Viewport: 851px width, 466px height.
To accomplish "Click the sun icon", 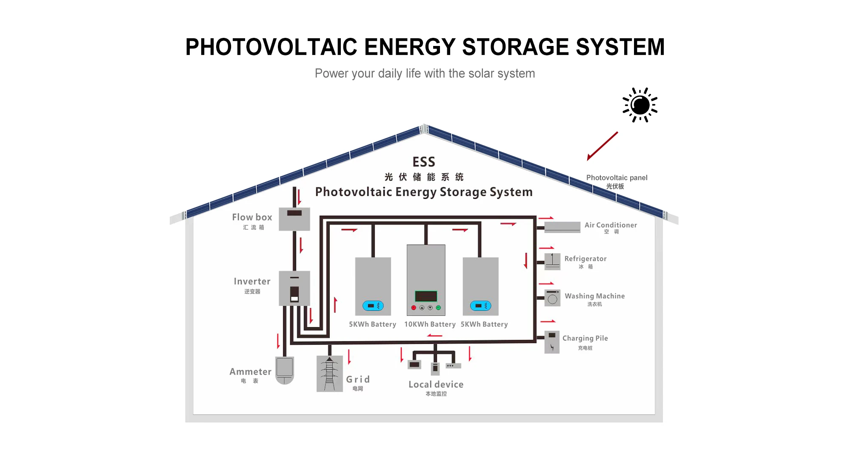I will [640, 105].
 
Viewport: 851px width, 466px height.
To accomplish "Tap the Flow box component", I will [294, 219].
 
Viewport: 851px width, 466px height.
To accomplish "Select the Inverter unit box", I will [294, 288].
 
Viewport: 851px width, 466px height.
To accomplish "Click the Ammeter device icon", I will [285, 370].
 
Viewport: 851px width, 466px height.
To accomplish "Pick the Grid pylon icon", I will [329, 374].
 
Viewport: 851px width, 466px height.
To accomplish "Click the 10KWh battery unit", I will [426, 280].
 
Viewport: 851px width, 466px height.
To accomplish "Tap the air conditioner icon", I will [562, 227].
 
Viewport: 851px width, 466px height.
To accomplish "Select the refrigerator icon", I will [552, 261].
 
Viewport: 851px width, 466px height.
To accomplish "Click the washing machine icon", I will [552, 298].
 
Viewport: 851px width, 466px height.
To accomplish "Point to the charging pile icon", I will [552, 342].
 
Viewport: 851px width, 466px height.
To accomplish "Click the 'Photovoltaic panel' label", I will [617, 178].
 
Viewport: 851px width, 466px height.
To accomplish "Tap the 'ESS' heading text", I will [424, 162].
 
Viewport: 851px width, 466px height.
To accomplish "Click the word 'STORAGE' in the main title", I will [515, 47].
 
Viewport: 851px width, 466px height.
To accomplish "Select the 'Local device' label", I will [436, 384].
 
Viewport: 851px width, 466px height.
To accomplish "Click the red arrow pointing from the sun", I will [602, 146].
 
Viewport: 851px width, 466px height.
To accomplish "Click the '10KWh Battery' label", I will [430, 324].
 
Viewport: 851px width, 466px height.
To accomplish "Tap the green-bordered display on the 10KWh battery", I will [426, 296].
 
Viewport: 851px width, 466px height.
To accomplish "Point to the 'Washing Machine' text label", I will [594, 296].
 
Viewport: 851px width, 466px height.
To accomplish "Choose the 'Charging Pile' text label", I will [585, 338].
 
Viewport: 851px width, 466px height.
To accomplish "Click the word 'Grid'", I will [358, 379].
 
